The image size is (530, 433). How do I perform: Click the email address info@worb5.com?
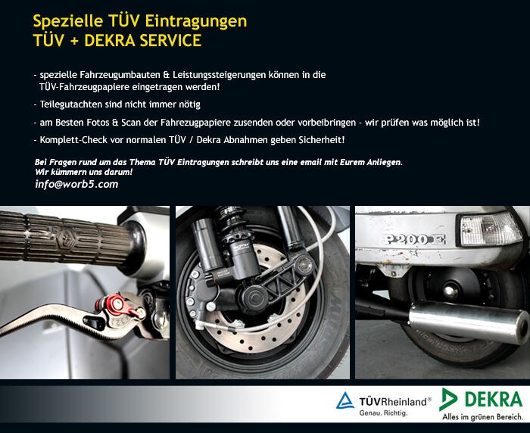pos(76,184)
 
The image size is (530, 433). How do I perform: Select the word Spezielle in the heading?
pos(68,22)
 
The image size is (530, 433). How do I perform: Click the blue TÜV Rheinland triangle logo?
pos(345,400)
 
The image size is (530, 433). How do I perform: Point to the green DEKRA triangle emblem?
pos(448,399)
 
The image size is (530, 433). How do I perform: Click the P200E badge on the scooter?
pos(414,240)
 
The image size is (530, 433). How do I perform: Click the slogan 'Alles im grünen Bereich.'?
pos(483,417)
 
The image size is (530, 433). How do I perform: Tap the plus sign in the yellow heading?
pos(73,41)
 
